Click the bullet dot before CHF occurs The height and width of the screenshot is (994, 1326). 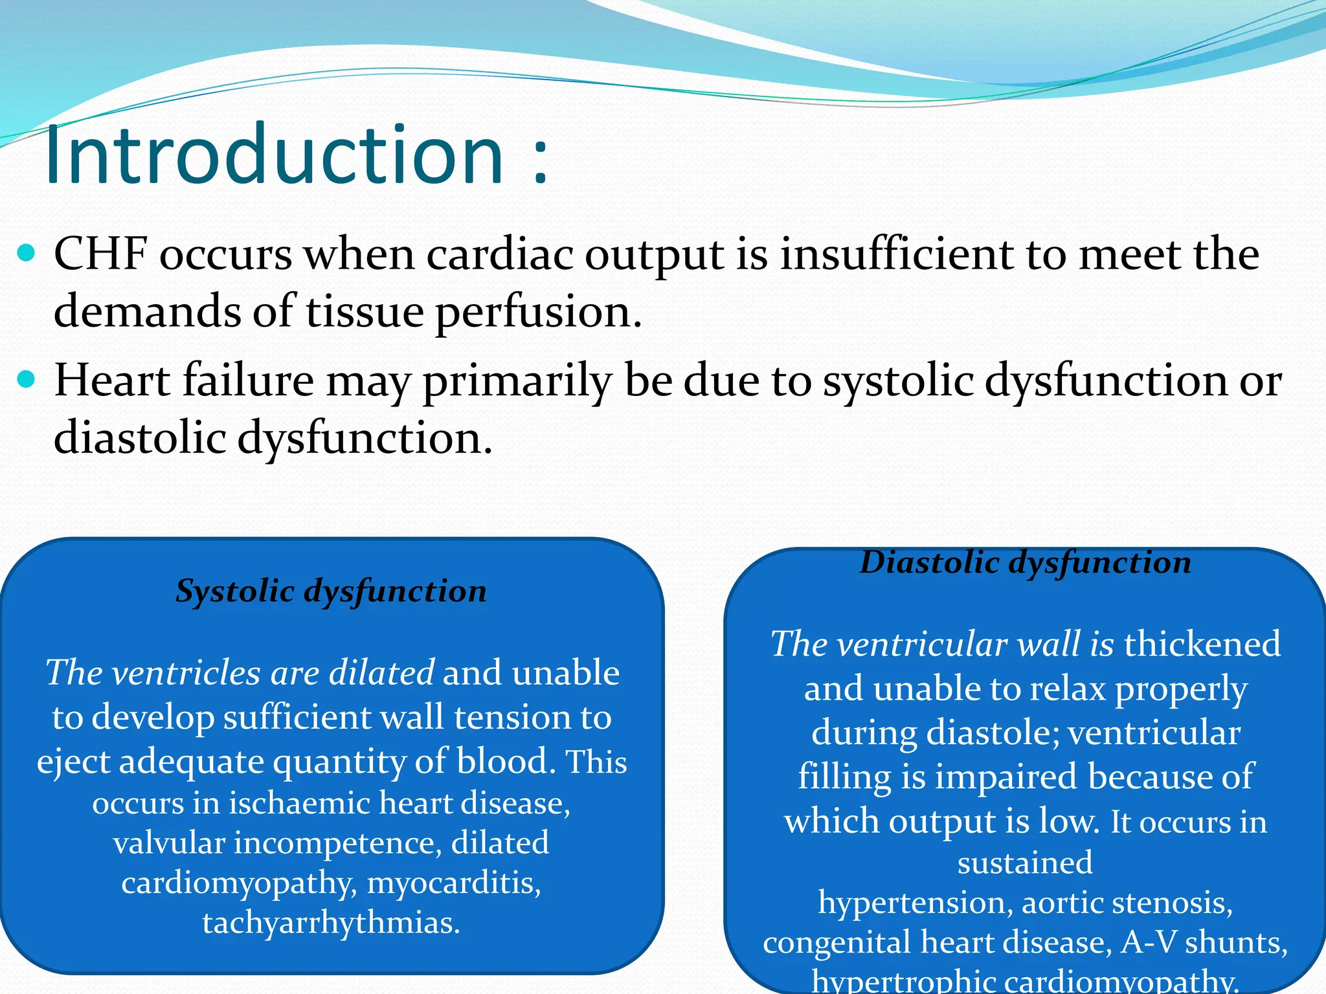click(x=27, y=252)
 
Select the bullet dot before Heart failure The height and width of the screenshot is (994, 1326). click(x=27, y=379)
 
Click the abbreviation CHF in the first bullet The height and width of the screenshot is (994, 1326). click(x=100, y=254)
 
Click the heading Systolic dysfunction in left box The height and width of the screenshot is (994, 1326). click(x=331, y=591)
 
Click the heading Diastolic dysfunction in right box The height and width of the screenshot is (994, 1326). click(x=1025, y=562)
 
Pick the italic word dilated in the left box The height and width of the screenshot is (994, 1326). click(x=381, y=673)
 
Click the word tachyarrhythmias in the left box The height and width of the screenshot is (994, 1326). click(x=331, y=923)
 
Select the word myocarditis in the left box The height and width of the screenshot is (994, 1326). click(x=454, y=883)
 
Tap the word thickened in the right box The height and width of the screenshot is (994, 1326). click(x=1202, y=644)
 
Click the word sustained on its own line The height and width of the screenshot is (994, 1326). click(x=1025, y=863)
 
